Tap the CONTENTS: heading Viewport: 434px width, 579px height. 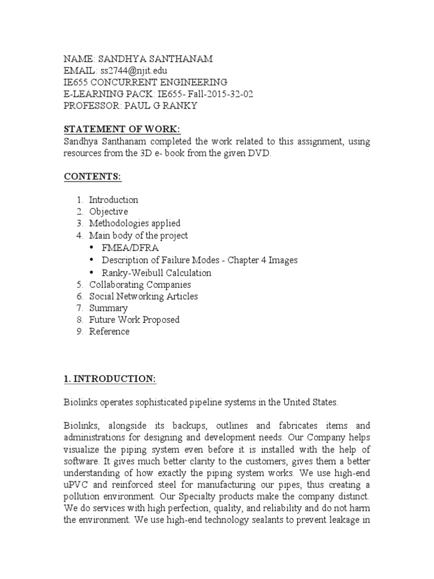pos(92,176)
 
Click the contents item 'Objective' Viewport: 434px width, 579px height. pos(108,211)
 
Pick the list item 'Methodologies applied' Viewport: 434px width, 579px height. pos(134,223)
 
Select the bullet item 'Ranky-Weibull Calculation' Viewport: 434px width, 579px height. pos(157,273)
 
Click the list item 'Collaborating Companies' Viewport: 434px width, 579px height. pos(140,284)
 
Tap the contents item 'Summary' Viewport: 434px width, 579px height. pos(108,308)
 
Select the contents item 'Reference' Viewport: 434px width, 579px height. pos(109,332)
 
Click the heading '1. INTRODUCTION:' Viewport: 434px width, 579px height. pos(109,379)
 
